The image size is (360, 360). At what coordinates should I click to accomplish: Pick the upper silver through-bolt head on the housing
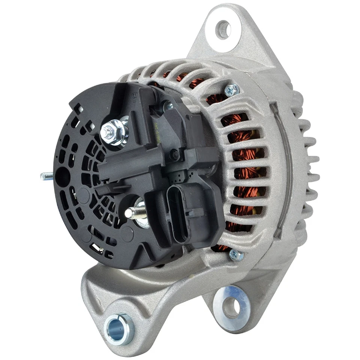tap(232, 89)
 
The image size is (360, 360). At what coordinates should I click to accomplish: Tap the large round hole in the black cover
tap(63, 173)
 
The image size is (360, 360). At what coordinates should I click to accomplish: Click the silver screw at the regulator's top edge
tap(168, 106)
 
